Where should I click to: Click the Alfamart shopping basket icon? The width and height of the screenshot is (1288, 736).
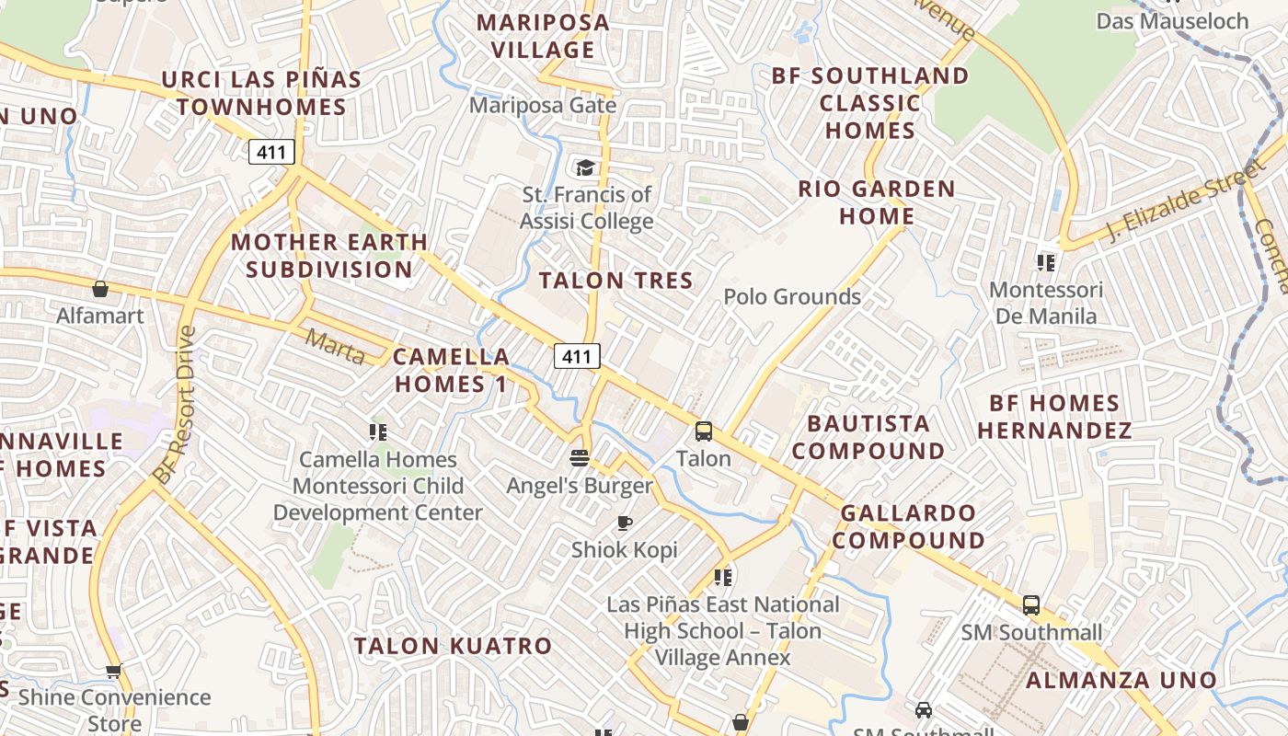(100, 290)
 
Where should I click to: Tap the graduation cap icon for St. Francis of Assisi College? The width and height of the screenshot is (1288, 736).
(585, 167)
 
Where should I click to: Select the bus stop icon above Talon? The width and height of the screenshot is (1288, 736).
(704, 431)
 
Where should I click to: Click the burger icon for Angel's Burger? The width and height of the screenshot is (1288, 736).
(579, 457)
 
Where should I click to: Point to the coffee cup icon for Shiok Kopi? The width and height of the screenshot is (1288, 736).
(625, 523)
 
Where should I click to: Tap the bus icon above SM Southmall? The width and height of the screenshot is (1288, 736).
(1031, 605)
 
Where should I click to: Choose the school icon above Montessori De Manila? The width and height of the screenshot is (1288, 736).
(1045, 263)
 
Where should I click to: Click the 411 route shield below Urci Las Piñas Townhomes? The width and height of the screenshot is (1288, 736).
(271, 152)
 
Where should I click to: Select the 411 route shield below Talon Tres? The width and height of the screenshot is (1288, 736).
(577, 356)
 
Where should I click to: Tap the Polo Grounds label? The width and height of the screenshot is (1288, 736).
(792, 296)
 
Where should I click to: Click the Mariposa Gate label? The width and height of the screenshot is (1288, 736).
(543, 105)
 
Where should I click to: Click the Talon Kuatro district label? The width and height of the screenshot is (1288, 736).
(454, 646)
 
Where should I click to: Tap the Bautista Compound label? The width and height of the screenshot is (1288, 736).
(868, 437)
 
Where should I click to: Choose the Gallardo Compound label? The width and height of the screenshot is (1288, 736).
(908, 526)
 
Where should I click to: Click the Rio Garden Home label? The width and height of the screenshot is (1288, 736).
(876, 202)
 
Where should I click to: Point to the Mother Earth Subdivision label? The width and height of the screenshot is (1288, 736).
(329, 256)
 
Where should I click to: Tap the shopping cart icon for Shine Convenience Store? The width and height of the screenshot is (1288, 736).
(113, 671)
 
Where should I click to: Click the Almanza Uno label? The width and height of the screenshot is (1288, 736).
(1121, 681)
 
